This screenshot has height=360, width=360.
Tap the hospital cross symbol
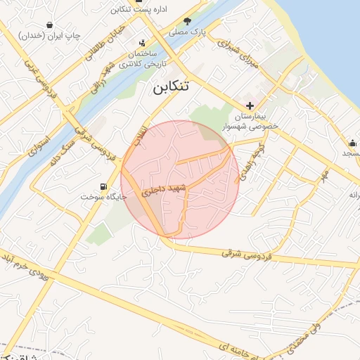point(250,105)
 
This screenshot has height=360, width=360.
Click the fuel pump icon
point(105,187)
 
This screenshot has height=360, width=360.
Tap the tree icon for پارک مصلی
point(187,21)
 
